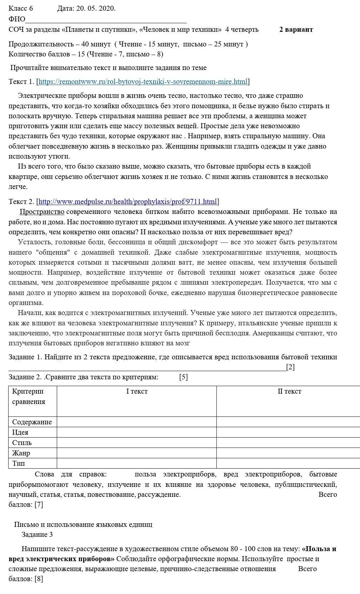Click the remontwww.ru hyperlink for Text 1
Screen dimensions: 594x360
143,82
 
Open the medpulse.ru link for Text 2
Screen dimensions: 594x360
128,202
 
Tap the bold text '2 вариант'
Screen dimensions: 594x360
296,30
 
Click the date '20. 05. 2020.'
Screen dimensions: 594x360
95,9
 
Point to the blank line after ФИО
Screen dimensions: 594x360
106,20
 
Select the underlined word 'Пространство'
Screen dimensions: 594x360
42,212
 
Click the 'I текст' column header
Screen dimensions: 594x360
137,391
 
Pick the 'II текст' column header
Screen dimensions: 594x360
289,391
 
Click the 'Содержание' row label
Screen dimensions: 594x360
32,422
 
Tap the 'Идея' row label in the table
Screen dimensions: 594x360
20,433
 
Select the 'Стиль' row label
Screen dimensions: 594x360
22,443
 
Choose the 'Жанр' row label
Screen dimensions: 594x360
21,453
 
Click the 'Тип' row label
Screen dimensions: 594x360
19,464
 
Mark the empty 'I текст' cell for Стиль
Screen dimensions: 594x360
137,443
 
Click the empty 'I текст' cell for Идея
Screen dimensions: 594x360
137,433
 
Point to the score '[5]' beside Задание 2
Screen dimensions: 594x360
184,377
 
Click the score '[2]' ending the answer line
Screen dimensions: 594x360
290,367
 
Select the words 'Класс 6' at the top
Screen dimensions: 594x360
21,9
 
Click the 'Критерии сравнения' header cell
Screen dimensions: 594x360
29,396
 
